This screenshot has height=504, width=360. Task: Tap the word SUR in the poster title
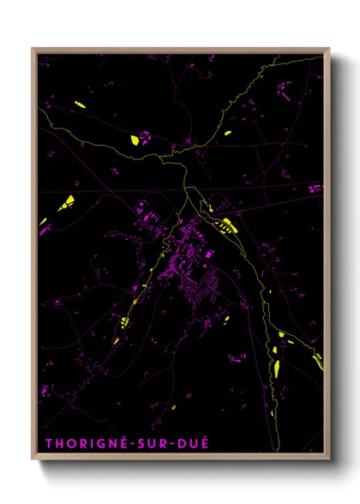coord(149,444)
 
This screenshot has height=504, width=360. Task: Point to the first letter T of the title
coord(48,444)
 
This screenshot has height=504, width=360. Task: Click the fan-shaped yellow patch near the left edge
coord(66,203)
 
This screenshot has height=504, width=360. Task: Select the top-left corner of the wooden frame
coord(33,49)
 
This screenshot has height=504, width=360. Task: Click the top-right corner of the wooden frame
coord(328,49)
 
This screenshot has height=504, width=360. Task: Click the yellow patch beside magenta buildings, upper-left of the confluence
coord(135,139)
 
